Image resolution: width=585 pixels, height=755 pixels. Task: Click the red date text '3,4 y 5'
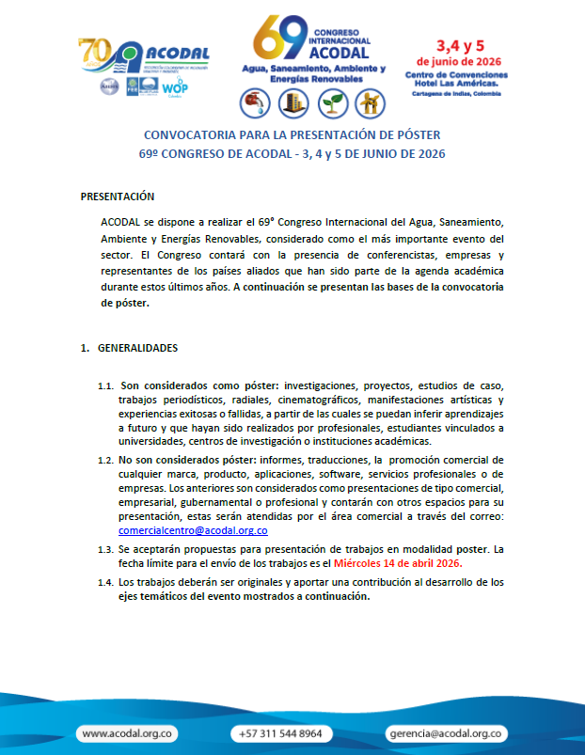(459, 45)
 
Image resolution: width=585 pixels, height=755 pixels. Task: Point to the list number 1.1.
(106, 386)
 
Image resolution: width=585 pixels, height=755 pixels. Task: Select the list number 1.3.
(105, 549)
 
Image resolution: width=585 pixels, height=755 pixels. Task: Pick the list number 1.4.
(105, 583)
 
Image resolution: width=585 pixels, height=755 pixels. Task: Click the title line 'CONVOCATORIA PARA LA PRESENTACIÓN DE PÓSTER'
(292, 134)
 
